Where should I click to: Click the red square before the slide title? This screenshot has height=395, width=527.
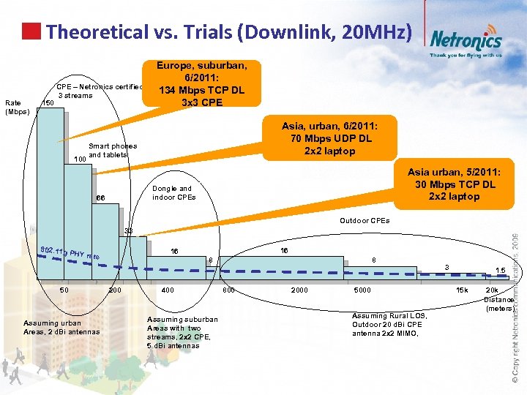tap(30, 31)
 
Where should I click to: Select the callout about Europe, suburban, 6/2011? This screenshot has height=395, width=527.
tap(201, 83)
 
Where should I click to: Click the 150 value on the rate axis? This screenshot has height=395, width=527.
tap(48, 104)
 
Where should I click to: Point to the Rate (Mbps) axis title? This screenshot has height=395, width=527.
tap(17, 108)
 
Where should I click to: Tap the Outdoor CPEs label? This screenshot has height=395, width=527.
tap(365, 220)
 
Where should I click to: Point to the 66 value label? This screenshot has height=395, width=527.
tap(101, 198)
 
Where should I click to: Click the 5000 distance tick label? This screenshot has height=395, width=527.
tap(362, 290)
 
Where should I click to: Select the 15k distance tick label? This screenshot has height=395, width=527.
tap(463, 290)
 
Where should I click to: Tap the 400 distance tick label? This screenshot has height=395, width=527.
tap(168, 290)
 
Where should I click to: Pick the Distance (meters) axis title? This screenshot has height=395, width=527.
tap(499, 299)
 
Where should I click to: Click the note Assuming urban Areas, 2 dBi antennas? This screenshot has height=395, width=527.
tap(62, 327)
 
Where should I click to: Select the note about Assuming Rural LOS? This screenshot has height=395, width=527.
tap(388, 324)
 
